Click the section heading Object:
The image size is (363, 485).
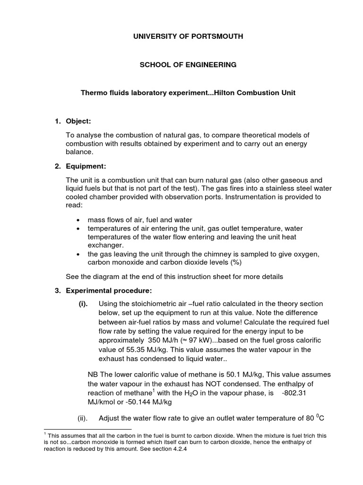[x=78, y=122]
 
